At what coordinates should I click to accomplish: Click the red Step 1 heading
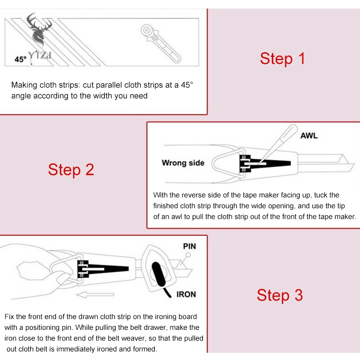pos(282,58)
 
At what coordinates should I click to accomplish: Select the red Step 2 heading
pos(71,170)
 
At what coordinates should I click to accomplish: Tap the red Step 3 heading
pos(279,295)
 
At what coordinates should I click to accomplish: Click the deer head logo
pos(39,30)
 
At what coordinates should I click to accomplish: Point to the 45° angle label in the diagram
pos(20,59)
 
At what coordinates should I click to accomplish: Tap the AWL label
pos(309,136)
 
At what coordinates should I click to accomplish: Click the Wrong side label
pos(183,163)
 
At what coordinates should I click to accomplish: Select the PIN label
pos(189,246)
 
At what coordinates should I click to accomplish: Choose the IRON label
pos(186,294)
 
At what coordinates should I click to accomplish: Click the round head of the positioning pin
pos(188,255)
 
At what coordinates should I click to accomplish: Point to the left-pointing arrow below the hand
pos(95,295)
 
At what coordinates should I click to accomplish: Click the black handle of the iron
pos(159,274)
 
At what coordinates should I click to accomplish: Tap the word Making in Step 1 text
pos(24,85)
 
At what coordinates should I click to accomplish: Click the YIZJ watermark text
pos(40,55)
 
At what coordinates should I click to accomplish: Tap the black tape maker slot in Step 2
pos(265,163)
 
